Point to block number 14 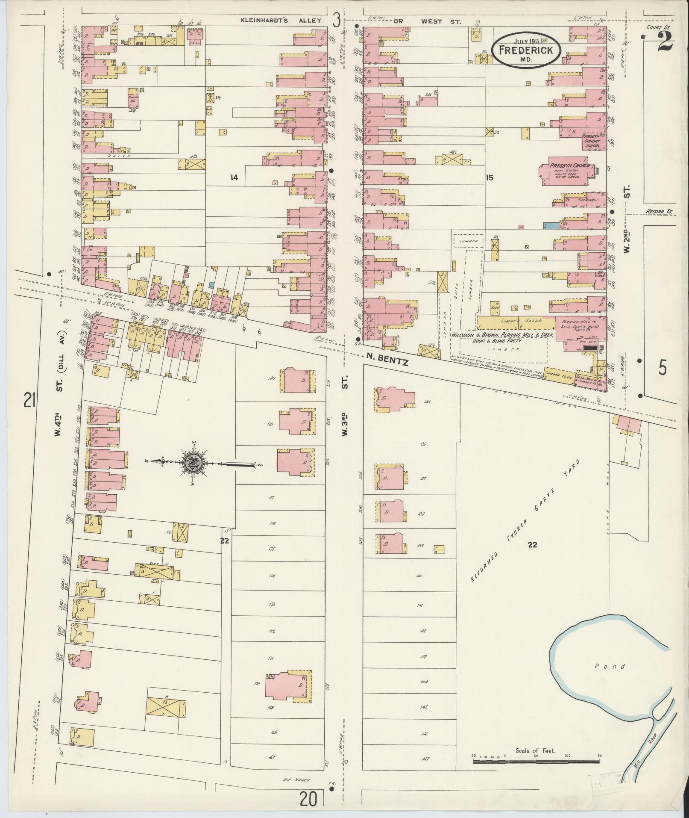[x=233, y=177]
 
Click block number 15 [x=489, y=177]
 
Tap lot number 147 [x=424, y=759]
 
